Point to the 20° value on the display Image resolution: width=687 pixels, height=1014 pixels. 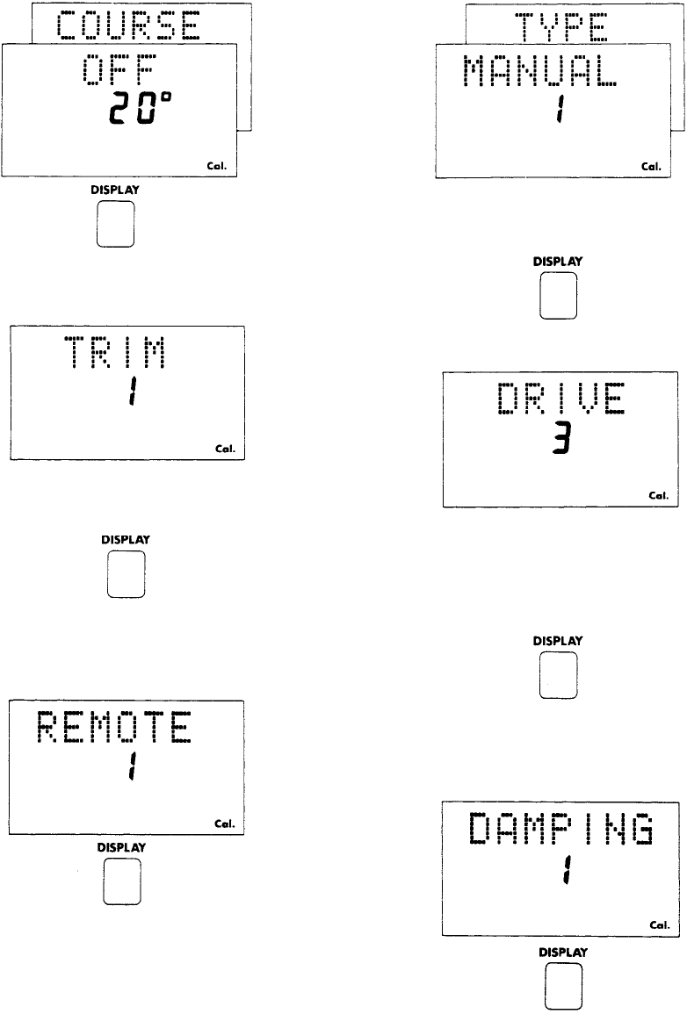coord(140,111)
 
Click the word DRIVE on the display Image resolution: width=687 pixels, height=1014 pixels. coord(560,399)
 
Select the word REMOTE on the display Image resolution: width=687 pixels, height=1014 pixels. coord(114,729)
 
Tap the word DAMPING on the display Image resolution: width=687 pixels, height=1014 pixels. coord(560,830)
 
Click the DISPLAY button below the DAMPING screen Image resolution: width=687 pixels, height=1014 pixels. coord(562,987)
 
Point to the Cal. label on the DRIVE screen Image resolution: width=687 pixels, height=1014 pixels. coord(659,495)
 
